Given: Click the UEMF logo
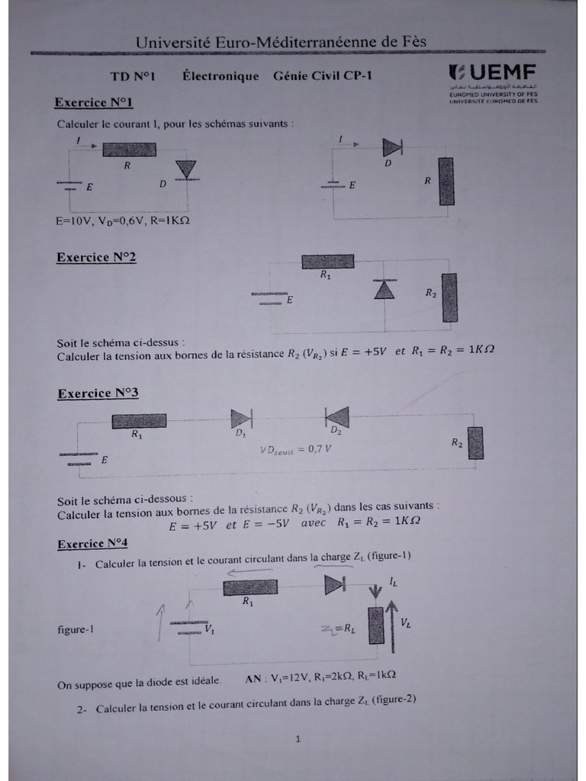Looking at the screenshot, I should [493, 73].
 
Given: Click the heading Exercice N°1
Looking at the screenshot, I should [95, 102].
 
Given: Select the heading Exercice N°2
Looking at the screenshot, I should [96, 257].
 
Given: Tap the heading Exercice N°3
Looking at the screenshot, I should [98, 394].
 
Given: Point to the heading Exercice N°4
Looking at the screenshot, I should [93, 544].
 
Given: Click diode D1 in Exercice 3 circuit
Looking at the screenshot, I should [241, 418].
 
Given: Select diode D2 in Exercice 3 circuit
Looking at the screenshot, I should [337, 417].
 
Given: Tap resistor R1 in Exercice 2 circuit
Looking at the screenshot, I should [327, 262].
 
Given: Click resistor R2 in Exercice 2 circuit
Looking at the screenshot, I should [449, 297].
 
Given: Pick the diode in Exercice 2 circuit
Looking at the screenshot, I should [384, 289].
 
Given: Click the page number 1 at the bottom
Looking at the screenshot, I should [298, 738].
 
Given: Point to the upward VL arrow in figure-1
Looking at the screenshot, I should [392, 626].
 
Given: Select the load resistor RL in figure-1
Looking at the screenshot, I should [375, 625].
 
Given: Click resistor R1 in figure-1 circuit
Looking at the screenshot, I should [250, 587].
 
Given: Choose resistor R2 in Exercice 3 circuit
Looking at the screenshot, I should [475, 443].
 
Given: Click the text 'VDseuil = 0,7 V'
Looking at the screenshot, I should [295, 449].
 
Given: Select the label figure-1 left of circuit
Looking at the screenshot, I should [75, 630].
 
